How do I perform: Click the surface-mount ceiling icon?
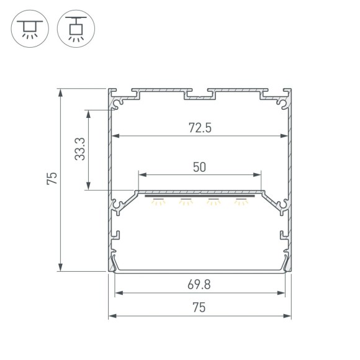tap(28, 29)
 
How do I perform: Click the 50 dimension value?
tap(199, 167)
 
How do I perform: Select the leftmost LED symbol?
tap(160, 200)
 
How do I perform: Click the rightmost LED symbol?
tap(240, 200)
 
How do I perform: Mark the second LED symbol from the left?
tap(186, 200)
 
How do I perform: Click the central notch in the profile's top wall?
tap(200, 97)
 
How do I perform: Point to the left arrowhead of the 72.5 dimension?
tap(115, 136)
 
